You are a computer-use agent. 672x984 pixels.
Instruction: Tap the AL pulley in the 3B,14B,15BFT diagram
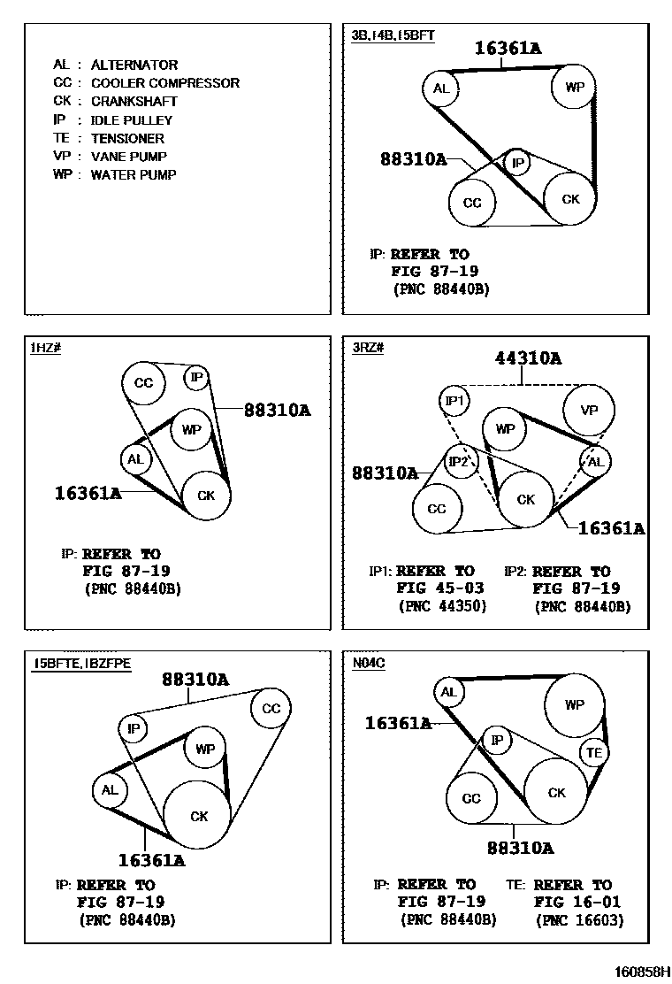[441, 88]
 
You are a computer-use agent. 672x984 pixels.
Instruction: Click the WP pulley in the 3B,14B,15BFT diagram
[573, 87]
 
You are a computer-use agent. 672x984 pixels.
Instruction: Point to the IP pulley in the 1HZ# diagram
[197, 379]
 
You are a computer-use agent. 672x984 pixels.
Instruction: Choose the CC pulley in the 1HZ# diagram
[143, 383]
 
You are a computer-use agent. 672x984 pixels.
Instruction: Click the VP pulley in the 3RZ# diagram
[588, 410]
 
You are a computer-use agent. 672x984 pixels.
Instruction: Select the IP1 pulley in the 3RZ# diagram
[454, 402]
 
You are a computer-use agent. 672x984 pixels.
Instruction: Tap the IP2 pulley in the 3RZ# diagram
[460, 461]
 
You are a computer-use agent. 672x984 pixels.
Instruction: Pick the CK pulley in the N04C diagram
[556, 793]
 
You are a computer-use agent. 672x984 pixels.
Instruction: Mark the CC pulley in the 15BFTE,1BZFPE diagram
[271, 708]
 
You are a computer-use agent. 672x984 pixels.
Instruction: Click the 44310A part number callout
[528, 358]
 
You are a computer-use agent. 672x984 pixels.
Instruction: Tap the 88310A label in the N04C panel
[520, 849]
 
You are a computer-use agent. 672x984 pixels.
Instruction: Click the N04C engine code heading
[368, 662]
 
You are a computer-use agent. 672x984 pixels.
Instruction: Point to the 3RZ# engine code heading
[368, 348]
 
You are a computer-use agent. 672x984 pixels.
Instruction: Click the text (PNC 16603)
[579, 920]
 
